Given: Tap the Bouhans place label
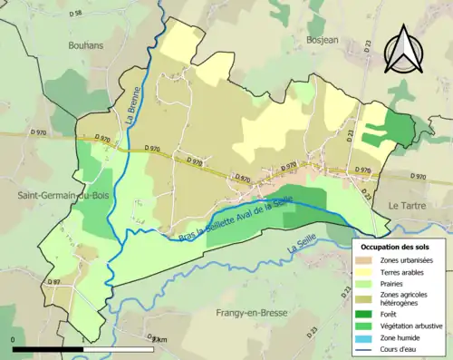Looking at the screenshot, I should [87, 44].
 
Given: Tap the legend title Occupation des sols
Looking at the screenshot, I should [398, 247].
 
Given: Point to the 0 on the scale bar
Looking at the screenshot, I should [14, 340].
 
